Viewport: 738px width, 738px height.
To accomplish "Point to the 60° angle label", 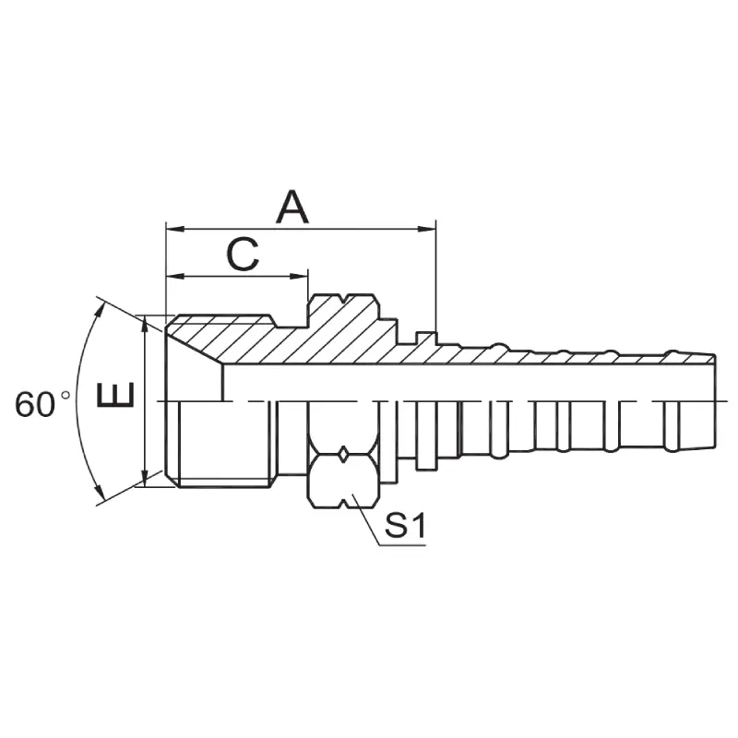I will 41,404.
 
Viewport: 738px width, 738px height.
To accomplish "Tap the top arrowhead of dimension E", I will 145,322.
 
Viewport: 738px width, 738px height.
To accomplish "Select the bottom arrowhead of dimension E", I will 145,480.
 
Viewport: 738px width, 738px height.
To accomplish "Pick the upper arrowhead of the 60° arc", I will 100,304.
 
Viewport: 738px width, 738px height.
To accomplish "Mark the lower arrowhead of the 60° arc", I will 100,499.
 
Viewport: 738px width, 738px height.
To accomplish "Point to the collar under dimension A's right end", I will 425,338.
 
